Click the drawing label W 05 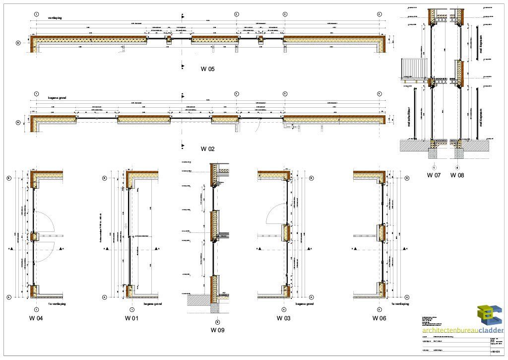pyautogui.click(x=207, y=69)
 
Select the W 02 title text pyautogui.click(x=207, y=149)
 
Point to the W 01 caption pyautogui.click(x=131, y=318)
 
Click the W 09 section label pyautogui.click(x=217, y=330)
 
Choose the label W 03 pyautogui.click(x=283, y=318)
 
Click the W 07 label pyautogui.click(x=434, y=175)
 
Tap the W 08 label pyautogui.click(x=457, y=175)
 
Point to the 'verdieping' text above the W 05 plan pyautogui.click(x=55, y=17)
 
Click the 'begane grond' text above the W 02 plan pyautogui.click(x=57, y=98)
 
